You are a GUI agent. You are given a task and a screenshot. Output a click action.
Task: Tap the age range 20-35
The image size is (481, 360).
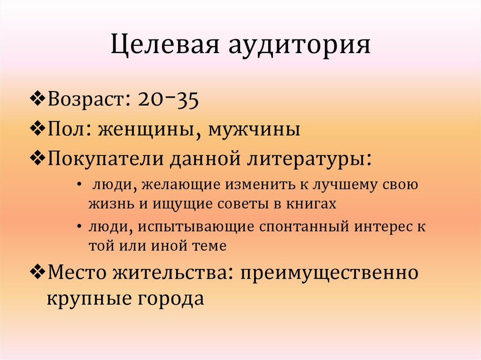coord(168,100)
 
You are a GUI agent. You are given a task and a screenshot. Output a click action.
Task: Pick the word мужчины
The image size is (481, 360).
coord(254,128)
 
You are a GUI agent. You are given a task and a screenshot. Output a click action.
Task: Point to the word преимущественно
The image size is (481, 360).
coord(329,273)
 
